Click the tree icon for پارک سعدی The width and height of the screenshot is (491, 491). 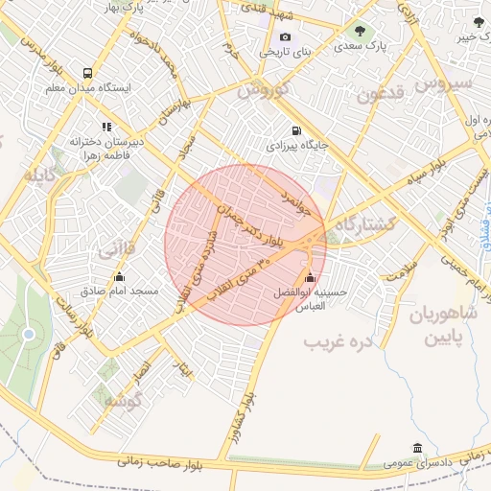[362, 29]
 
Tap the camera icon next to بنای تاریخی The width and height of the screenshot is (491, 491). [258, 37]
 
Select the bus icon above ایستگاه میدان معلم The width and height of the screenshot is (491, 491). [88, 72]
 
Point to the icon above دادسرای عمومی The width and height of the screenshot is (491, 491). [416, 448]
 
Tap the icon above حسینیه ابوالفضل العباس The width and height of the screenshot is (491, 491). [309, 279]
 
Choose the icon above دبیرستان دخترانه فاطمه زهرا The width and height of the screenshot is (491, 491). [106, 126]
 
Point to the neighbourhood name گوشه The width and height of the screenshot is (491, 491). [124, 399]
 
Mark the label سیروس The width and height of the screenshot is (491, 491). [446, 84]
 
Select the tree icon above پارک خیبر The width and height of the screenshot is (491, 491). [477, 21]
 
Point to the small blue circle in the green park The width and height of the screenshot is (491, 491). [29, 334]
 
